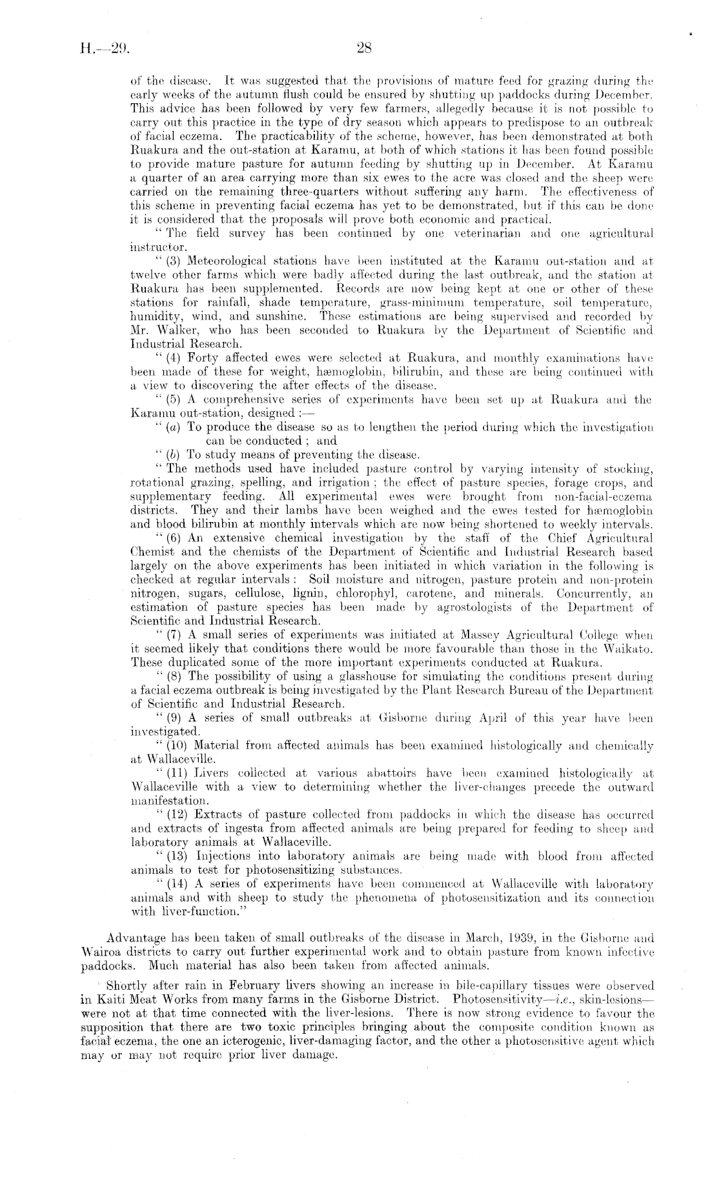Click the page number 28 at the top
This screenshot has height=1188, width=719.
point(361,46)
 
